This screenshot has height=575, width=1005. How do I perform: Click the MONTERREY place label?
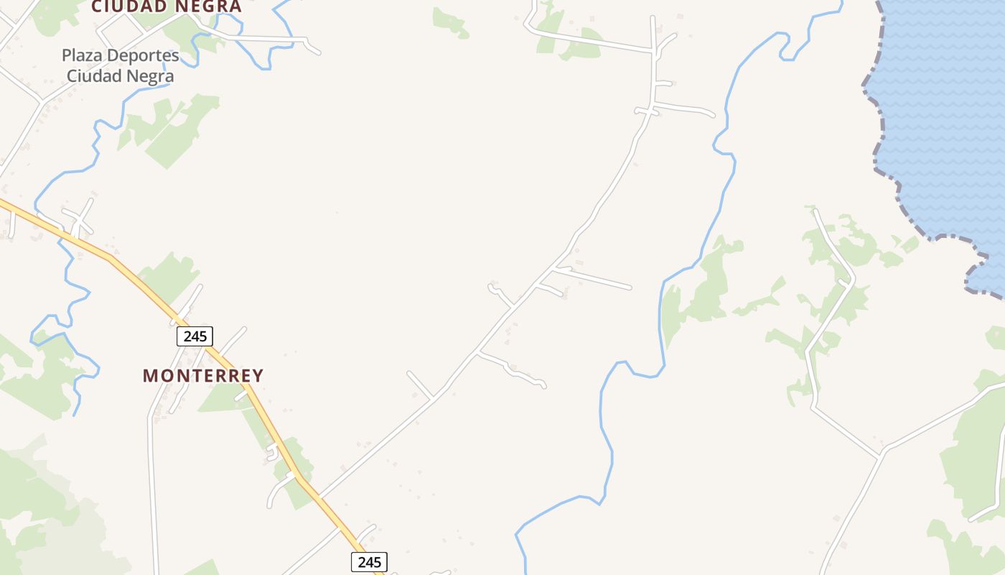[203, 375]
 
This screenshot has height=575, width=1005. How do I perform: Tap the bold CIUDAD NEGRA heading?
[166, 7]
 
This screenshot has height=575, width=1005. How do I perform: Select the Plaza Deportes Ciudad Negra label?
[120, 65]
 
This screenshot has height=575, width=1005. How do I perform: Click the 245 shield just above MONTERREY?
[195, 336]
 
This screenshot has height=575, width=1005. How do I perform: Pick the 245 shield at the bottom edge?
[369, 562]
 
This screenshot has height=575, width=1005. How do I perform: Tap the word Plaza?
[80, 55]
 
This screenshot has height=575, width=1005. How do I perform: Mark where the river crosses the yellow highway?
[62, 233]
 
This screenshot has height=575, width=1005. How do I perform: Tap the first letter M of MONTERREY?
[149, 375]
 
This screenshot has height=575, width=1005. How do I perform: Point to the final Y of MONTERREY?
[258, 375]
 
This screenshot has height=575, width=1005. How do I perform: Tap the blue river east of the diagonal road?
[660, 316]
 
